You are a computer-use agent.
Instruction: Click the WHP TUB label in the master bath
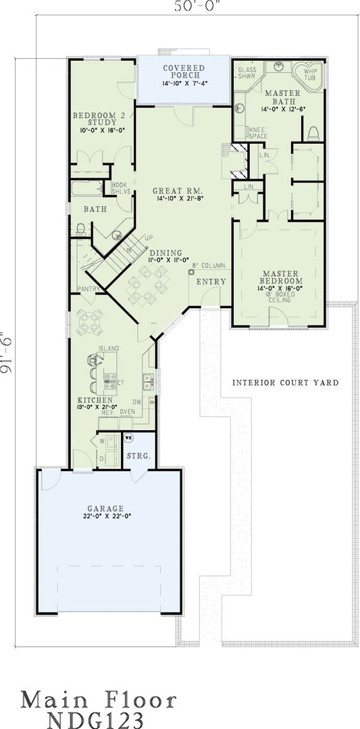[x=311, y=74]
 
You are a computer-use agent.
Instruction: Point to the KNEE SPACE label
[x=258, y=132]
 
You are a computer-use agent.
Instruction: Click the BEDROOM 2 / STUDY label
[x=103, y=122]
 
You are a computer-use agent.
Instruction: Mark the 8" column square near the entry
[x=192, y=272]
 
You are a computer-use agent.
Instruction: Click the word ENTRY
[x=207, y=281]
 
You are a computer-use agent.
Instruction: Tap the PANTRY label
[x=89, y=289]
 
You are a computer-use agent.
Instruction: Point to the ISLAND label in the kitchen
[x=108, y=348]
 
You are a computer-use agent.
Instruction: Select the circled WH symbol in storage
[x=128, y=437]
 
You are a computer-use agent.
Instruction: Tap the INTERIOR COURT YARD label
[x=285, y=383]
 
